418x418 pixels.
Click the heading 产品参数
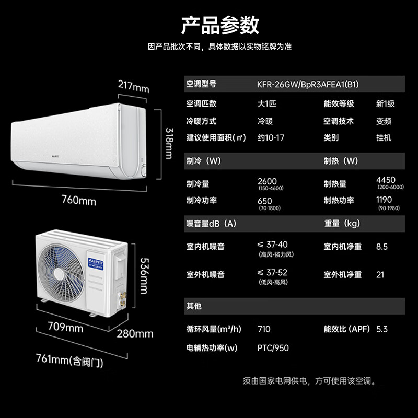tap(220, 25)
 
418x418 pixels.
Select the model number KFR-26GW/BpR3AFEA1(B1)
tap(308, 84)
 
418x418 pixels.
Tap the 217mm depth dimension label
tap(133, 85)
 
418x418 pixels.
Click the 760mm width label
tap(79, 200)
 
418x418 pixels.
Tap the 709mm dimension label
tap(65, 328)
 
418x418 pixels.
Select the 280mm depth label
tap(135, 333)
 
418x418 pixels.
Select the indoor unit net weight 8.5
tap(382, 247)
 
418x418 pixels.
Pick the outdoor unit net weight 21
tap(380, 275)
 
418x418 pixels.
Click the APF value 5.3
tap(382, 329)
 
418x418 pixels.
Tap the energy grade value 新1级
tap(386, 103)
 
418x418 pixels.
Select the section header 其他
tap(194, 306)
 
